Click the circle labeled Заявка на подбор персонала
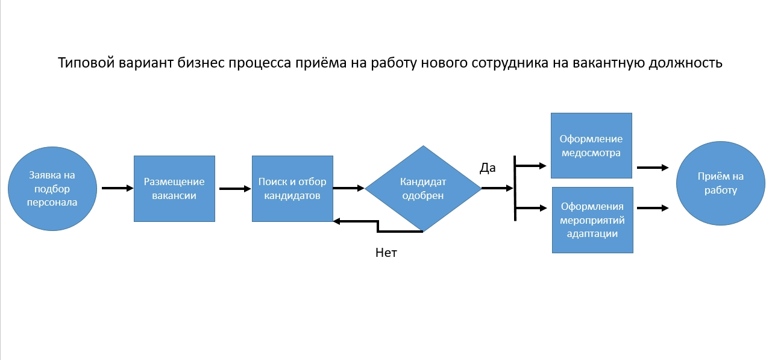(52, 189)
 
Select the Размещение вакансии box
(174, 189)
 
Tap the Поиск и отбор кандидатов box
(292, 189)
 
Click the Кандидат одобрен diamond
(422, 188)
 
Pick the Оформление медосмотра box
(591, 145)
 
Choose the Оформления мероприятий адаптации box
(592, 220)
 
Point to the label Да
(488, 168)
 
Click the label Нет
(386, 253)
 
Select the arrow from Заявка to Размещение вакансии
(118, 188)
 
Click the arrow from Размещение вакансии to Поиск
(235, 189)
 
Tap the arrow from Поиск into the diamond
(348, 188)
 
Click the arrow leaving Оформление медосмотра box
(652, 168)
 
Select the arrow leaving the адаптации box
(652, 208)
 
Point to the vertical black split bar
(515, 188)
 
